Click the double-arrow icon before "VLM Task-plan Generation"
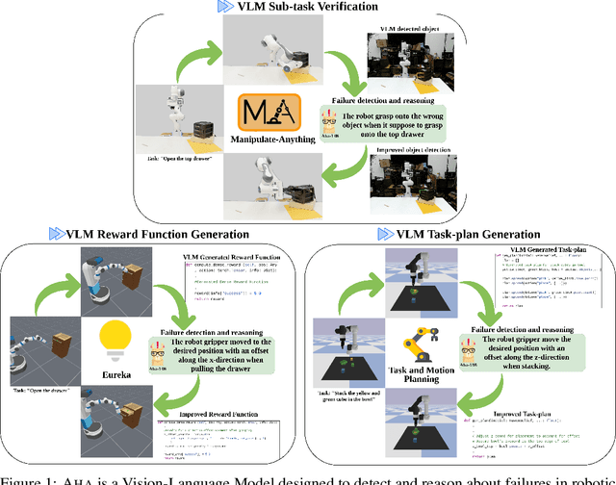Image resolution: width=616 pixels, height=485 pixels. pyautogui.click(x=384, y=234)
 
